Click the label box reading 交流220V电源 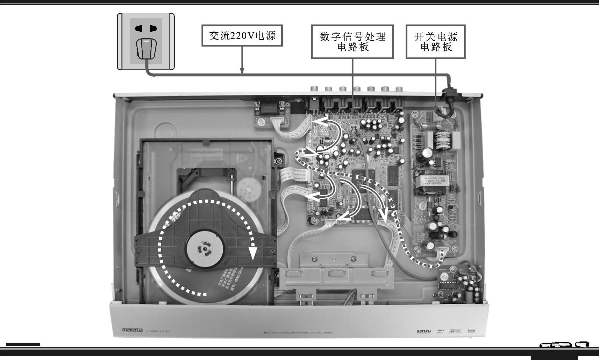point(242,35)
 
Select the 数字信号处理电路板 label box point(352,41)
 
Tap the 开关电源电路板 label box point(435,41)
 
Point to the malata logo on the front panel point(133,330)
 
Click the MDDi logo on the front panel point(423,331)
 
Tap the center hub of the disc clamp point(203,248)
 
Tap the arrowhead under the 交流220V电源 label point(242,71)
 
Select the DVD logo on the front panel point(440,331)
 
